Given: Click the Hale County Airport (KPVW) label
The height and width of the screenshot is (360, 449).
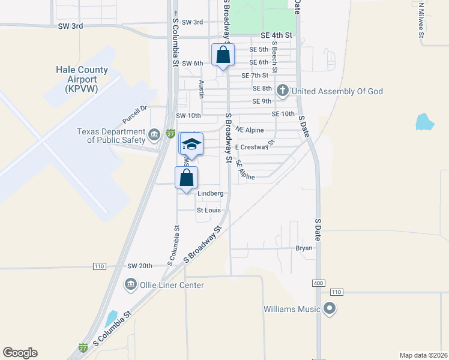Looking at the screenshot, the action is point(82,79).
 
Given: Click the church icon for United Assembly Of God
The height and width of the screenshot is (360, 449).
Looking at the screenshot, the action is point(282,91).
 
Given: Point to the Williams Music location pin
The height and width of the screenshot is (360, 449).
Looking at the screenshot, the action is point(329,309).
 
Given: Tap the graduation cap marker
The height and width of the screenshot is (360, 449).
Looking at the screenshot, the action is point(191,144).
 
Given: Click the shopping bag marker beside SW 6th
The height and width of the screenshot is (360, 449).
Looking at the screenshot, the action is point(223,55).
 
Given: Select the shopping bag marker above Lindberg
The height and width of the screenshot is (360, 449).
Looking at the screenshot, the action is point(187,178).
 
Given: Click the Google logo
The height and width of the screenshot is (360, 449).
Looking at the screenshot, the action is point(20,353).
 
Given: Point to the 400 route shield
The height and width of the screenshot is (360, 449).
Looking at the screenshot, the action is point(318,283).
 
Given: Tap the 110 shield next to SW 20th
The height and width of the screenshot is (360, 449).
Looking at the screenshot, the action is point(100,266).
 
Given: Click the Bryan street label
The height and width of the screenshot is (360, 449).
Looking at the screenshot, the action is point(304,247).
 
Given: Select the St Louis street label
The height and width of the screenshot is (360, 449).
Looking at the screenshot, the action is point(209,211).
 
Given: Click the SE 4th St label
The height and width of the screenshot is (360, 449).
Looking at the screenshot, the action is point(276,35).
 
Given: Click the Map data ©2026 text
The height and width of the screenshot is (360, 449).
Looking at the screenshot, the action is point(423,355).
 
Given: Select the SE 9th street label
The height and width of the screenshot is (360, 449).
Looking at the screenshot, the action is point(262,101).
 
